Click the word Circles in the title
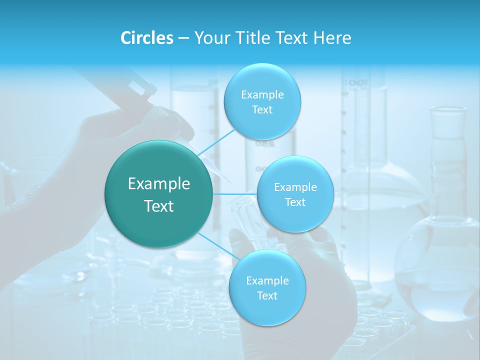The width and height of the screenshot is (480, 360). pyautogui.click(x=147, y=38)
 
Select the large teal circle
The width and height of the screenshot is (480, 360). pyautogui.click(x=158, y=194)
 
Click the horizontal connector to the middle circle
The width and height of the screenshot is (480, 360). pyautogui.click(x=235, y=194)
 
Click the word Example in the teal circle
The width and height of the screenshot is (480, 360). pyautogui.click(x=158, y=184)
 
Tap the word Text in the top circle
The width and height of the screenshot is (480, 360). pyautogui.click(x=262, y=110)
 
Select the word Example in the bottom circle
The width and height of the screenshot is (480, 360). pyautogui.click(x=267, y=280)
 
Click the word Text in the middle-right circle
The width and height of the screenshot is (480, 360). pyautogui.click(x=295, y=202)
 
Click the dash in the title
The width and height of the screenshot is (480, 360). pyautogui.click(x=183, y=38)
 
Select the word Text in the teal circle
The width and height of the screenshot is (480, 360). pyautogui.click(x=158, y=206)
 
